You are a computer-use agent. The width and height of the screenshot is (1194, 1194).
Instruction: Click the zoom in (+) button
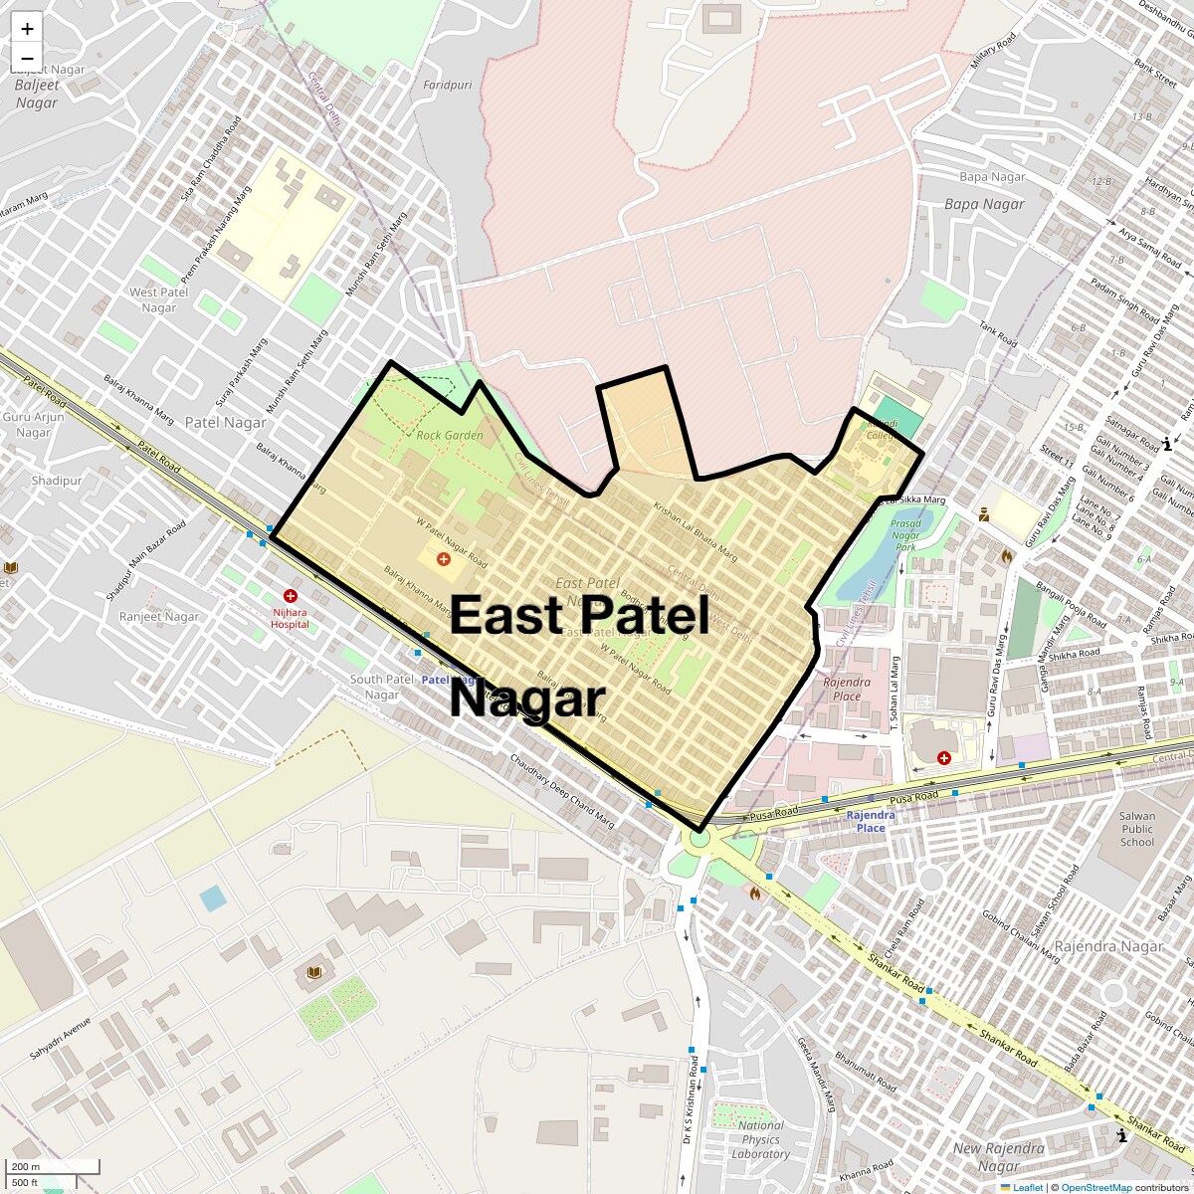pos(27,29)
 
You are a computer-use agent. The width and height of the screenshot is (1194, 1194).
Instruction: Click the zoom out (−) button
pos(27,57)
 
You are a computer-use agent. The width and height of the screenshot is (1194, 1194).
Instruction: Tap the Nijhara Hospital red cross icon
pos(291,595)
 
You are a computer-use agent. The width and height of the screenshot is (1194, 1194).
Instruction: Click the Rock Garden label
pos(450,435)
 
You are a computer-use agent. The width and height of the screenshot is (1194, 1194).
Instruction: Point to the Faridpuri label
pos(448,86)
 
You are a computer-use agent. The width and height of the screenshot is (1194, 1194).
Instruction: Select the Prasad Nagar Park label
pos(905,535)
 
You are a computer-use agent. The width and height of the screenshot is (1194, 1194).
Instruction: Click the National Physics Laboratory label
pos(761,1140)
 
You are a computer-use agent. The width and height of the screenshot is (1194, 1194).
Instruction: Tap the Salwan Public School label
pos(1137,829)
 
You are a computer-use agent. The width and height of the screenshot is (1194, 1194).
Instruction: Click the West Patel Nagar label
pos(159,299)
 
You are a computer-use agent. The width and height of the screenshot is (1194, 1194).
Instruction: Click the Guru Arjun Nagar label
pos(34,425)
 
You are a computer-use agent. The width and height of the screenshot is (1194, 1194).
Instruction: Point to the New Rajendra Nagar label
pos(998,1157)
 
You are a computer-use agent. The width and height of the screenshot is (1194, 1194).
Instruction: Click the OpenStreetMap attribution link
pos(1095,1187)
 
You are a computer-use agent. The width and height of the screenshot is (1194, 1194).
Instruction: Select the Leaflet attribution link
pos(1028,1187)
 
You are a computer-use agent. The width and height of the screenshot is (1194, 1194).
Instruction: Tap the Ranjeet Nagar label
pos(159,617)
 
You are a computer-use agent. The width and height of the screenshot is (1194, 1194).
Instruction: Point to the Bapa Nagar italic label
pos(984,204)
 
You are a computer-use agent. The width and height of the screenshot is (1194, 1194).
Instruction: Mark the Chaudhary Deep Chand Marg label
pos(562,792)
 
